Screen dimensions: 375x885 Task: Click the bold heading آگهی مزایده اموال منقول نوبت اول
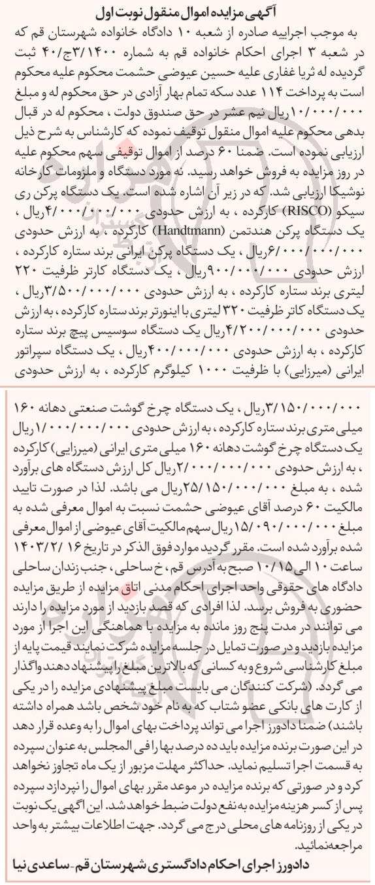[x=187, y=11]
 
